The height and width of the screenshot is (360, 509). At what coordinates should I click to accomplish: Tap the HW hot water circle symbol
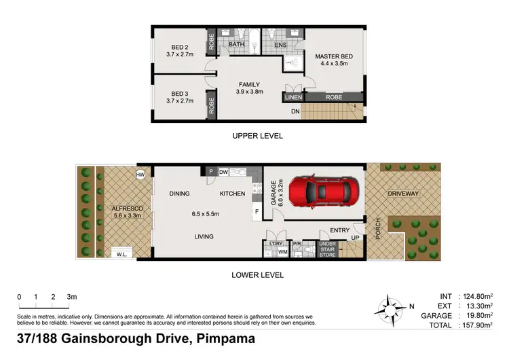point(140,175)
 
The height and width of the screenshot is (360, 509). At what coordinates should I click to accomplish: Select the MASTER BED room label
point(333,57)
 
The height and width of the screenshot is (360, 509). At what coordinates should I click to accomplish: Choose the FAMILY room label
point(248,85)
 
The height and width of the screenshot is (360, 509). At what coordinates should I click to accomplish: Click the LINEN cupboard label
point(293,98)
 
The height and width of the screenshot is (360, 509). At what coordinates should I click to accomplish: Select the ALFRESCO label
point(124,210)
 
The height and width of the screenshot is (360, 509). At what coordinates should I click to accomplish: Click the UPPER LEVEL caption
point(257,136)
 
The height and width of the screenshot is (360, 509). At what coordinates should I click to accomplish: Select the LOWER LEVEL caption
point(257,275)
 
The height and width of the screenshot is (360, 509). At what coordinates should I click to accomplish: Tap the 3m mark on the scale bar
point(72,297)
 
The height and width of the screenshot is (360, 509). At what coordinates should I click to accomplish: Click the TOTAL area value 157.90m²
point(476,325)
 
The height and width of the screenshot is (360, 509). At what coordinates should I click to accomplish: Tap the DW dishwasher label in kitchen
point(224,173)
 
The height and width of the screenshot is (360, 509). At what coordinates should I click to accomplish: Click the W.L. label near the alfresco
point(122,254)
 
